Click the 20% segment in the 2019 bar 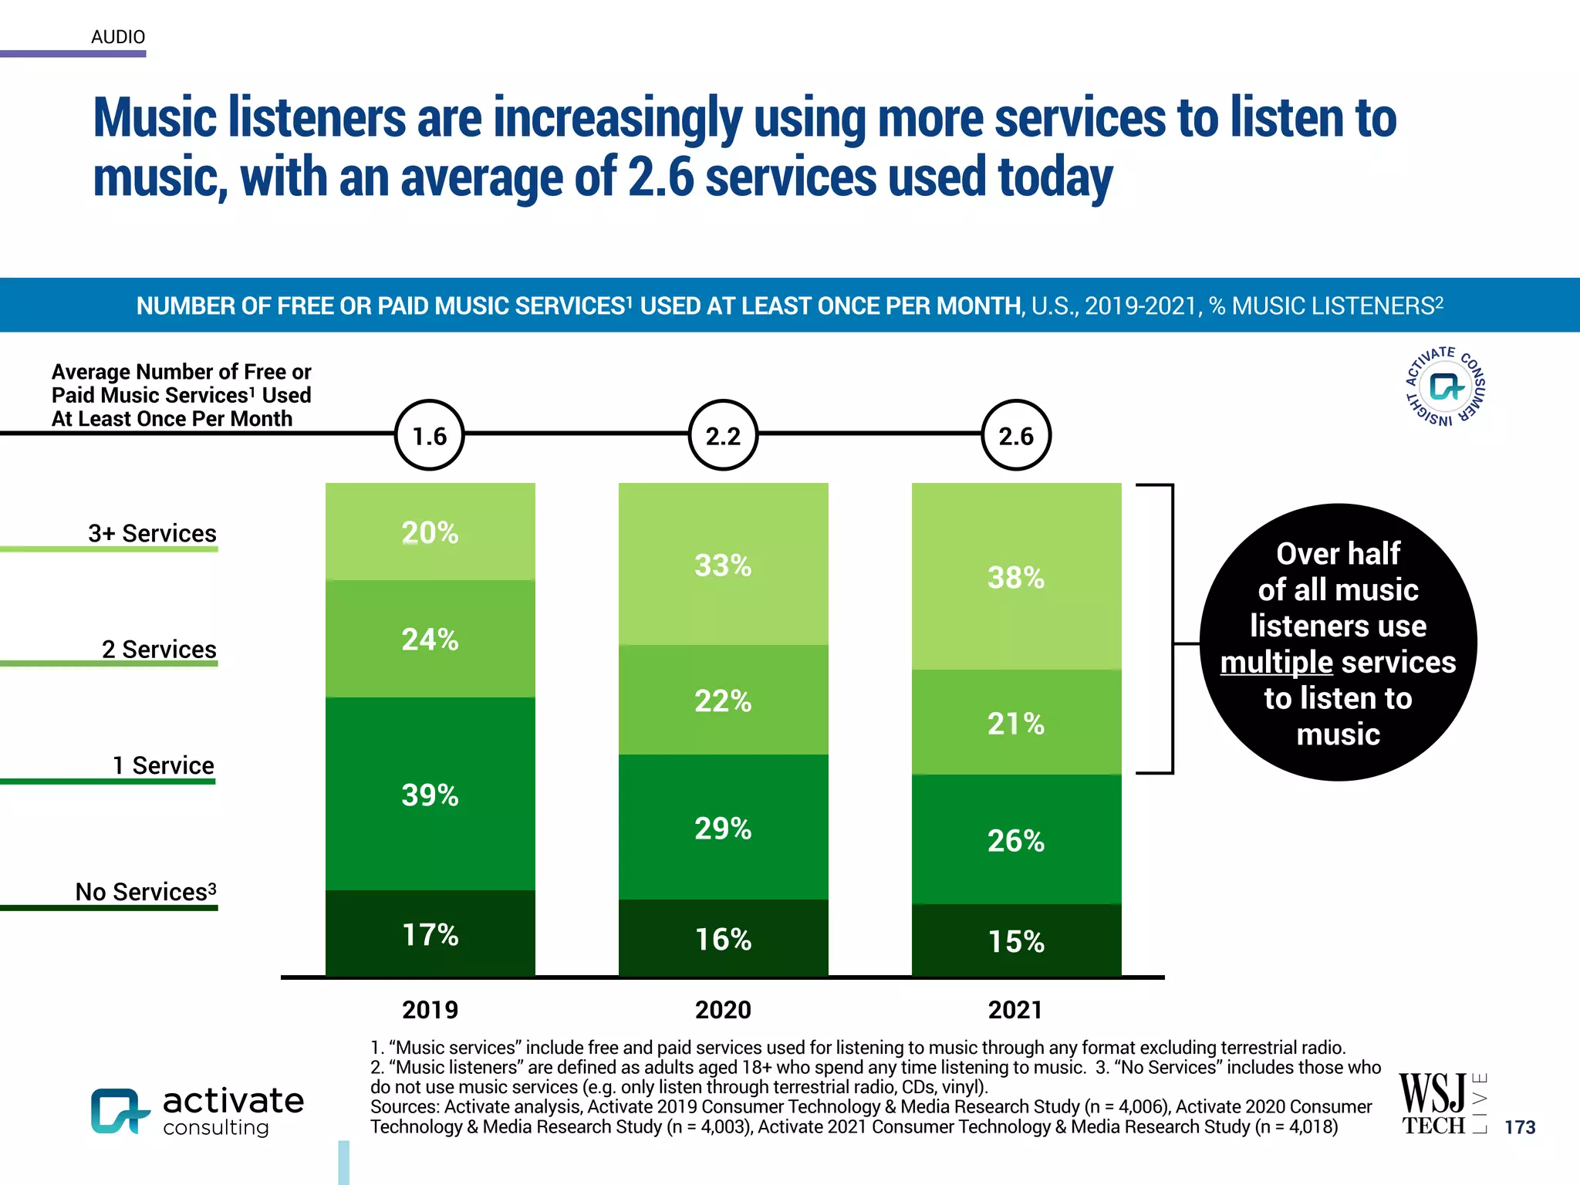pyautogui.click(x=430, y=532)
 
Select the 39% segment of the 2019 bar pyautogui.click(x=430, y=795)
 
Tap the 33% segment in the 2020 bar pyautogui.click(x=723, y=565)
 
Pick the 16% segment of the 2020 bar pyautogui.click(x=723, y=939)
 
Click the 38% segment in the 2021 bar pyautogui.click(x=1016, y=577)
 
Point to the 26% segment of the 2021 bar pyautogui.click(x=1016, y=840)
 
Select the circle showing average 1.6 pyautogui.click(x=430, y=436)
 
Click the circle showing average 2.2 pyautogui.click(x=723, y=436)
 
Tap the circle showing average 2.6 pyautogui.click(x=1016, y=436)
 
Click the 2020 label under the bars pyautogui.click(x=723, y=1010)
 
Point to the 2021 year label pyautogui.click(x=1016, y=1010)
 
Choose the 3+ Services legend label pyautogui.click(x=152, y=533)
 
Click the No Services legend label pyautogui.click(x=145, y=892)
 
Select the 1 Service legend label pyautogui.click(x=163, y=765)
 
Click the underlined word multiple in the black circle pyautogui.click(x=1276, y=662)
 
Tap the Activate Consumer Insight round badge pyautogui.click(x=1445, y=386)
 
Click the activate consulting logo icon pyautogui.click(x=119, y=1112)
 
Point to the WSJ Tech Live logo pyautogui.click(x=1441, y=1104)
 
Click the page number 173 pyautogui.click(x=1520, y=1127)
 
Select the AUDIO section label pyautogui.click(x=118, y=37)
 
